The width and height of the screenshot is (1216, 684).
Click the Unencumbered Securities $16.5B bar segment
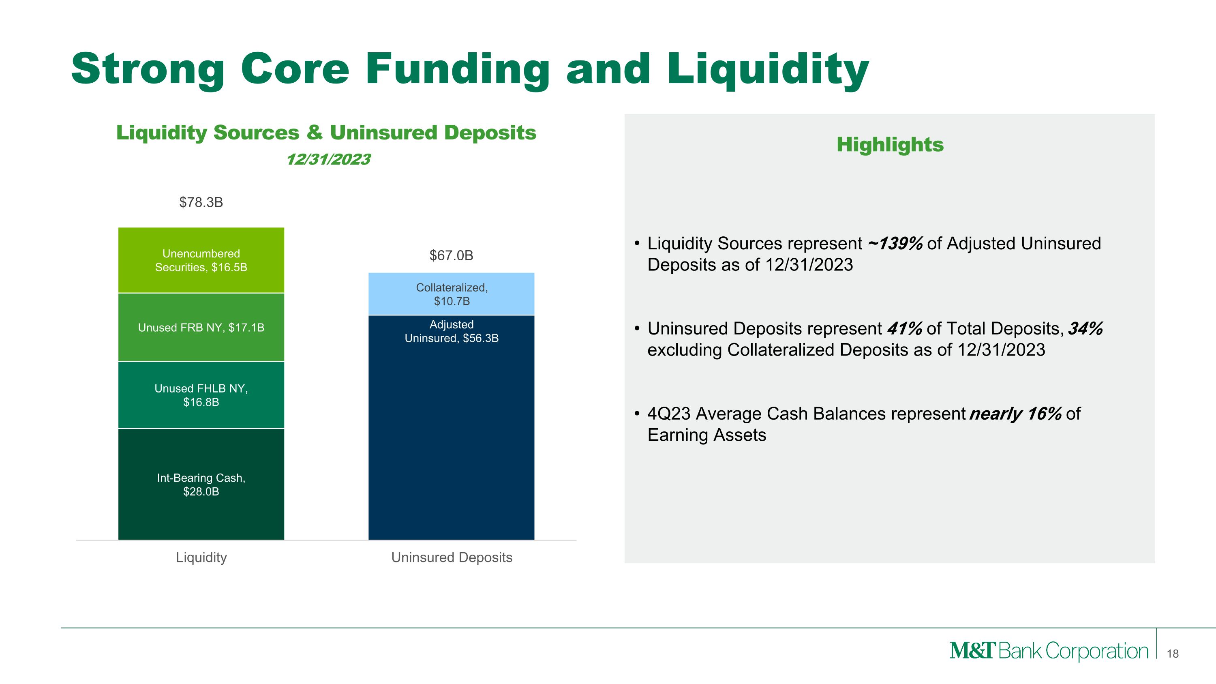point(201,260)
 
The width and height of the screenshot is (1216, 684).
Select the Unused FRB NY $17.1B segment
point(201,327)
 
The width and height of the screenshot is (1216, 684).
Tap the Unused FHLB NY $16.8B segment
point(201,395)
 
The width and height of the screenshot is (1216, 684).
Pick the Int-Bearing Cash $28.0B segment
point(201,485)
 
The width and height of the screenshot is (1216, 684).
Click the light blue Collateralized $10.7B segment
point(451,294)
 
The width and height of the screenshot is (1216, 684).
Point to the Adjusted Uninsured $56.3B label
point(451,331)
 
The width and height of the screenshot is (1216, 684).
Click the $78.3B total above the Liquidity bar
point(201,202)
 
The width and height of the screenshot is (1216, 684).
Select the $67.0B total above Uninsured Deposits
point(451,255)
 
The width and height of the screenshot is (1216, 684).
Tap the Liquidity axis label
point(201,557)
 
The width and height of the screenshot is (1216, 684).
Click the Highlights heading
point(890,144)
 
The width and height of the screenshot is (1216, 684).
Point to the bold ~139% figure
point(895,244)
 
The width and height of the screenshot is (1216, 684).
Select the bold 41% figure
point(904,328)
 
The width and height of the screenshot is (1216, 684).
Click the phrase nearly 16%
point(1015,414)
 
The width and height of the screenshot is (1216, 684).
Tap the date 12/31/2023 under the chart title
point(329,160)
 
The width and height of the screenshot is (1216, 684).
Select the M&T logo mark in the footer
point(972,651)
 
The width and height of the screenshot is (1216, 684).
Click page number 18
point(1173,654)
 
